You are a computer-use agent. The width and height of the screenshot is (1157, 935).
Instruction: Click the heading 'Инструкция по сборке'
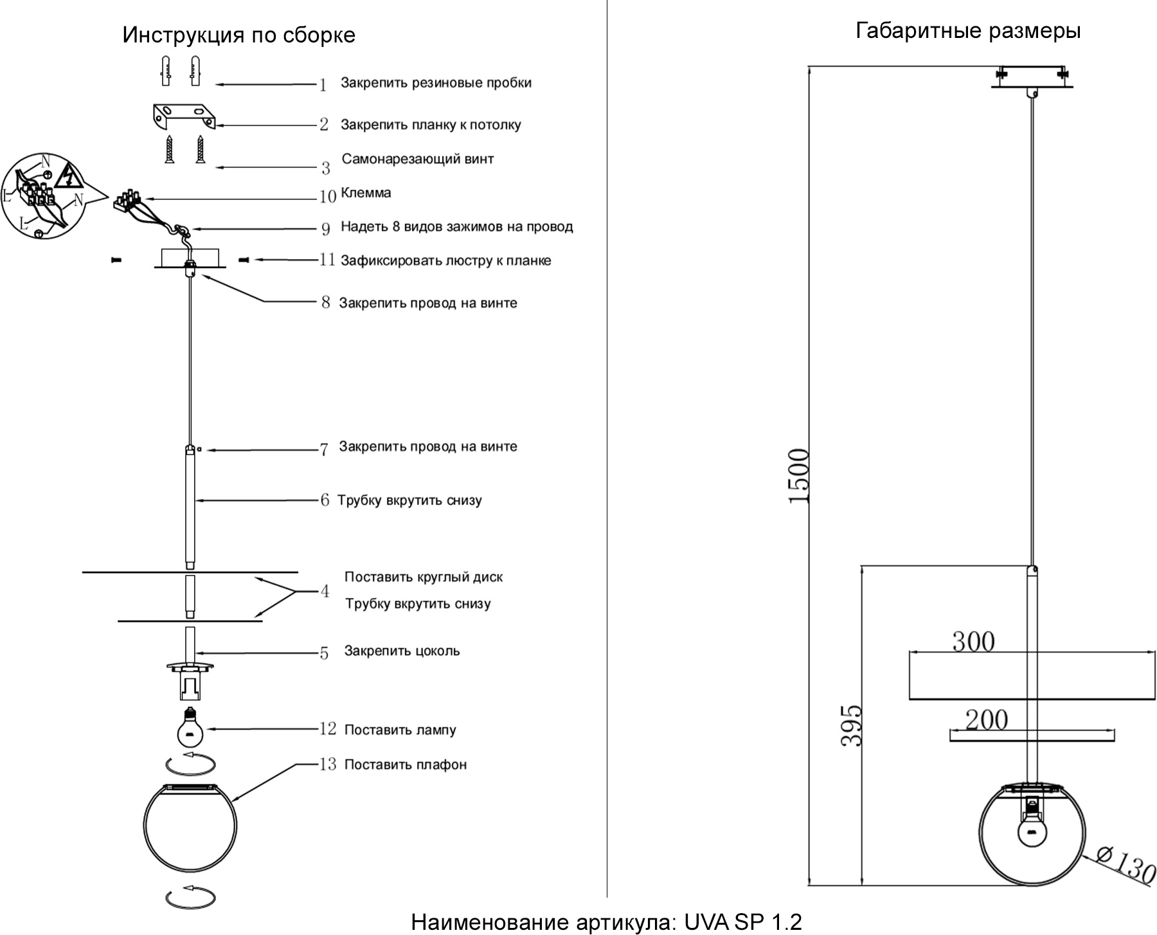click(238, 35)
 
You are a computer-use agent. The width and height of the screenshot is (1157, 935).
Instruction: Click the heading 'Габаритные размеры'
click(968, 31)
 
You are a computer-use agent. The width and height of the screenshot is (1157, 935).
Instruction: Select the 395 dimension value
click(852, 725)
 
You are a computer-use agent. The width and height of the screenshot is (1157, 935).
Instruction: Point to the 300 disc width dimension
click(973, 641)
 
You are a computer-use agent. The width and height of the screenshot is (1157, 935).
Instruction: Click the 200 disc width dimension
click(987, 720)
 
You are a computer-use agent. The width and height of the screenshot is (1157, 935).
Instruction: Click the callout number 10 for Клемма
click(328, 195)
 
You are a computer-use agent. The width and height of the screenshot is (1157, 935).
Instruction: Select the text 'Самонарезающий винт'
click(418, 159)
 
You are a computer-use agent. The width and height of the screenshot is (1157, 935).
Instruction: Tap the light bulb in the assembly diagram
click(190, 729)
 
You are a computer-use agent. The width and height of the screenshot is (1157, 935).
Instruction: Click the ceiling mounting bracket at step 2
click(184, 116)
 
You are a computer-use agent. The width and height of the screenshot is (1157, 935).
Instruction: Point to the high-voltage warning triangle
click(67, 175)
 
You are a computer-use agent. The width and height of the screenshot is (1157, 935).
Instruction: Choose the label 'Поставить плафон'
click(406, 765)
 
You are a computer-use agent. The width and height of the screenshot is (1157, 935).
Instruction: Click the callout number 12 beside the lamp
click(328, 729)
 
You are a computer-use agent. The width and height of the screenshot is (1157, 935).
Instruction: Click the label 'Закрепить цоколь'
click(402, 651)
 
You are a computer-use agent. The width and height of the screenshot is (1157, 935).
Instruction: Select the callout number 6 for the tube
click(325, 500)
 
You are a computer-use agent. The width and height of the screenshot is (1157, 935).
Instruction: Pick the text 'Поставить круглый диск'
click(424, 577)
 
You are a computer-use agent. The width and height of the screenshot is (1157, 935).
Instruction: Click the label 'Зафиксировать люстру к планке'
click(446, 260)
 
